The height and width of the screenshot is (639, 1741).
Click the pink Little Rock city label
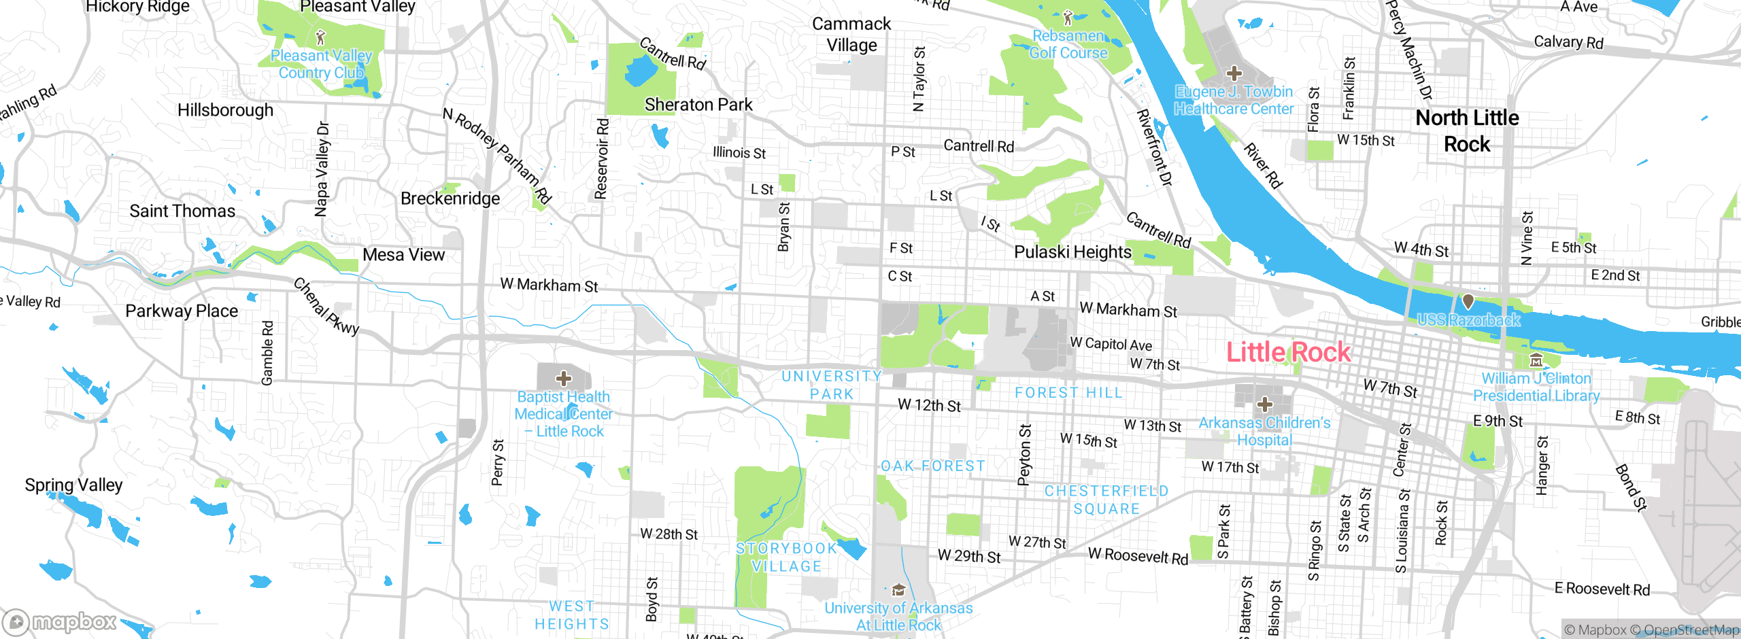click(x=1288, y=352)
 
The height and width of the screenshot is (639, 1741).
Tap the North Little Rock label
click(x=1467, y=131)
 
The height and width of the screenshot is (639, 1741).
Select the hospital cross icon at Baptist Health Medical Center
click(x=564, y=378)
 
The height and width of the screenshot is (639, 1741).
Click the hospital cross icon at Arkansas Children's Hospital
click(x=1264, y=405)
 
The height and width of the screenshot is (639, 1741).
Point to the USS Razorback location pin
click(x=1468, y=300)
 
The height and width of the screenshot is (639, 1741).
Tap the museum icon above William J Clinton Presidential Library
click(x=1536, y=360)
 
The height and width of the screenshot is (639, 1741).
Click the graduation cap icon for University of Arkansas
click(x=898, y=589)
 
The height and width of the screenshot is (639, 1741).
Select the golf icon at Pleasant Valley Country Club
click(x=321, y=37)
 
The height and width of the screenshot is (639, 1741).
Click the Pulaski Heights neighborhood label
click(x=1072, y=252)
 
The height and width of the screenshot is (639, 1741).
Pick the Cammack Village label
click(x=851, y=34)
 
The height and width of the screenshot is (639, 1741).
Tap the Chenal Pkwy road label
click(x=326, y=307)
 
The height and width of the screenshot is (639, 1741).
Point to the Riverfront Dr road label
click(x=1155, y=147)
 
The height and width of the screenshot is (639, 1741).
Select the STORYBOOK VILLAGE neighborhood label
click(x=787, y=557)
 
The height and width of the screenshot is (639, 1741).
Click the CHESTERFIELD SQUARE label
click(x=1106, y=500)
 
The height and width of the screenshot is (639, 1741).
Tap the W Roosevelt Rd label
click(x=1138, y=555)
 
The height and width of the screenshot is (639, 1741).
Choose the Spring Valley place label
click(x=73, y=485)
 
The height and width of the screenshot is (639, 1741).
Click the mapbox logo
click(x=60, y=621)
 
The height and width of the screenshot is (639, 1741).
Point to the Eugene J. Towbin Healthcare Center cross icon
click(x=1234, y=73)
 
